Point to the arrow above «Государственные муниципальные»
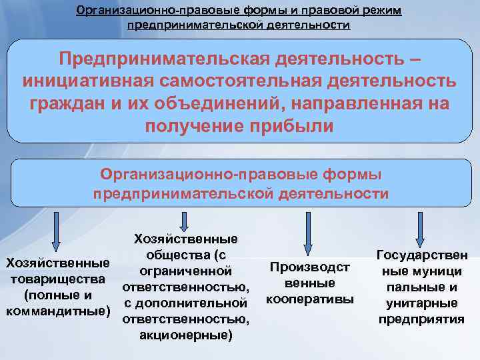(x=420, y=227)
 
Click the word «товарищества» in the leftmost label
(x=57, y=279)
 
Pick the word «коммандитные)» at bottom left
(x=56, y=311)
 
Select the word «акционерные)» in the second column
(x=186, y=335)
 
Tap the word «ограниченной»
(x=186, y=271)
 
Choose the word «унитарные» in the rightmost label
(x=421, y=303)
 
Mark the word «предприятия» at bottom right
(x=421, y=319)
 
